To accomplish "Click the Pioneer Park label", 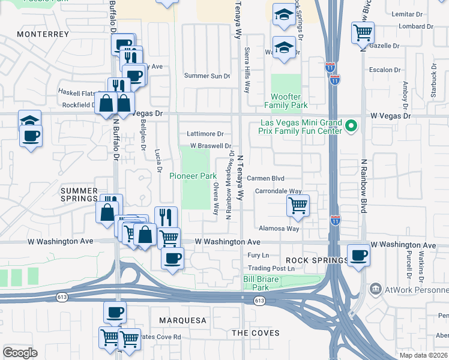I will tap(192, 176).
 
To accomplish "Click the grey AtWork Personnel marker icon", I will tap(376, 289).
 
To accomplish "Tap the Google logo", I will tap(20, 352).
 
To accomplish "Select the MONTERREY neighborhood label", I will tap(43, 34).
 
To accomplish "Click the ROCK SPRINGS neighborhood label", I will tap(316, 260).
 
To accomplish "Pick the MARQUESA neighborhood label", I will tap(182, 320).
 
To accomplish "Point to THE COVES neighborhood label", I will tap(256, 332).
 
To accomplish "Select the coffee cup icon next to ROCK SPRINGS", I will tap(358, 255).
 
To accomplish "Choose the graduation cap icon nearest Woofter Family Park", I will tap(284, 47).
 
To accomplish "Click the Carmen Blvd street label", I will tap(265, 178).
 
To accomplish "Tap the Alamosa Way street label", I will tap(279, 229).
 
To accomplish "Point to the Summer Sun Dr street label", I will tap(207, 76).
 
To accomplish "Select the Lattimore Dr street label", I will tap(205, 134).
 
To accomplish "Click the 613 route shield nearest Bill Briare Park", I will tap(259, 301).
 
